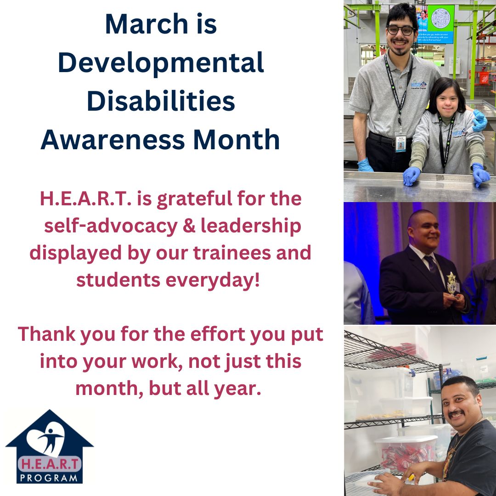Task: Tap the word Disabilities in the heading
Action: click(x=161, y=101)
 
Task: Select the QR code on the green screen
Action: click(x=441, y=19)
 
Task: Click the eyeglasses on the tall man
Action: click(x=400, y=30)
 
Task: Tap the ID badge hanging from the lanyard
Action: click(x=400, y=143)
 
